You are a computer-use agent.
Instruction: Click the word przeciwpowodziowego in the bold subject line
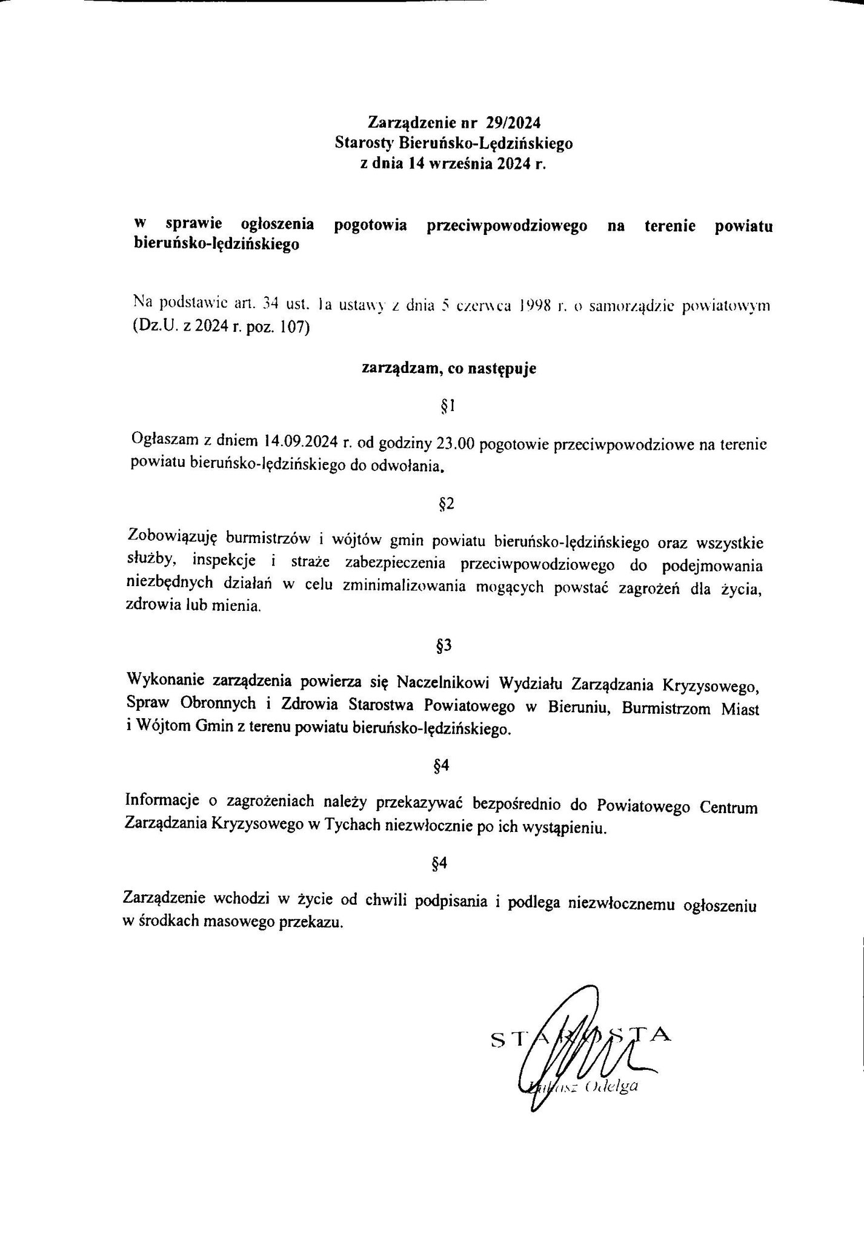pos(507,226)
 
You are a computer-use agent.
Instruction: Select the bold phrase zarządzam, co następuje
pos(448,369)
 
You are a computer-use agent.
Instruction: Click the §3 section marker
pos(444,646)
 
